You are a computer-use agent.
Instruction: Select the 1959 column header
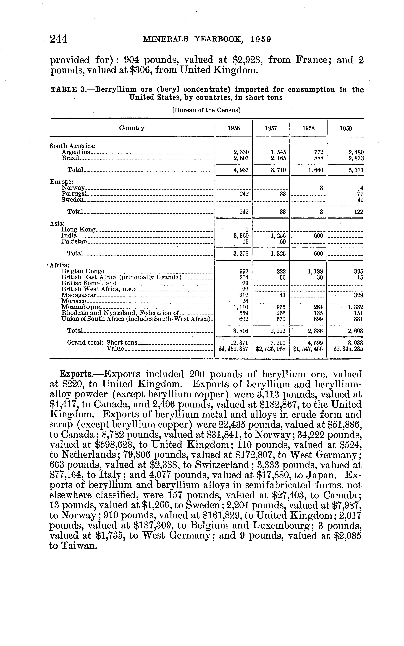346,129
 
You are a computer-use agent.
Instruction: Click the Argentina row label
76,152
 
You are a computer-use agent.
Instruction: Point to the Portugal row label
74,194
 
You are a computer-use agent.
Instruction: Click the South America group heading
73,146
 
